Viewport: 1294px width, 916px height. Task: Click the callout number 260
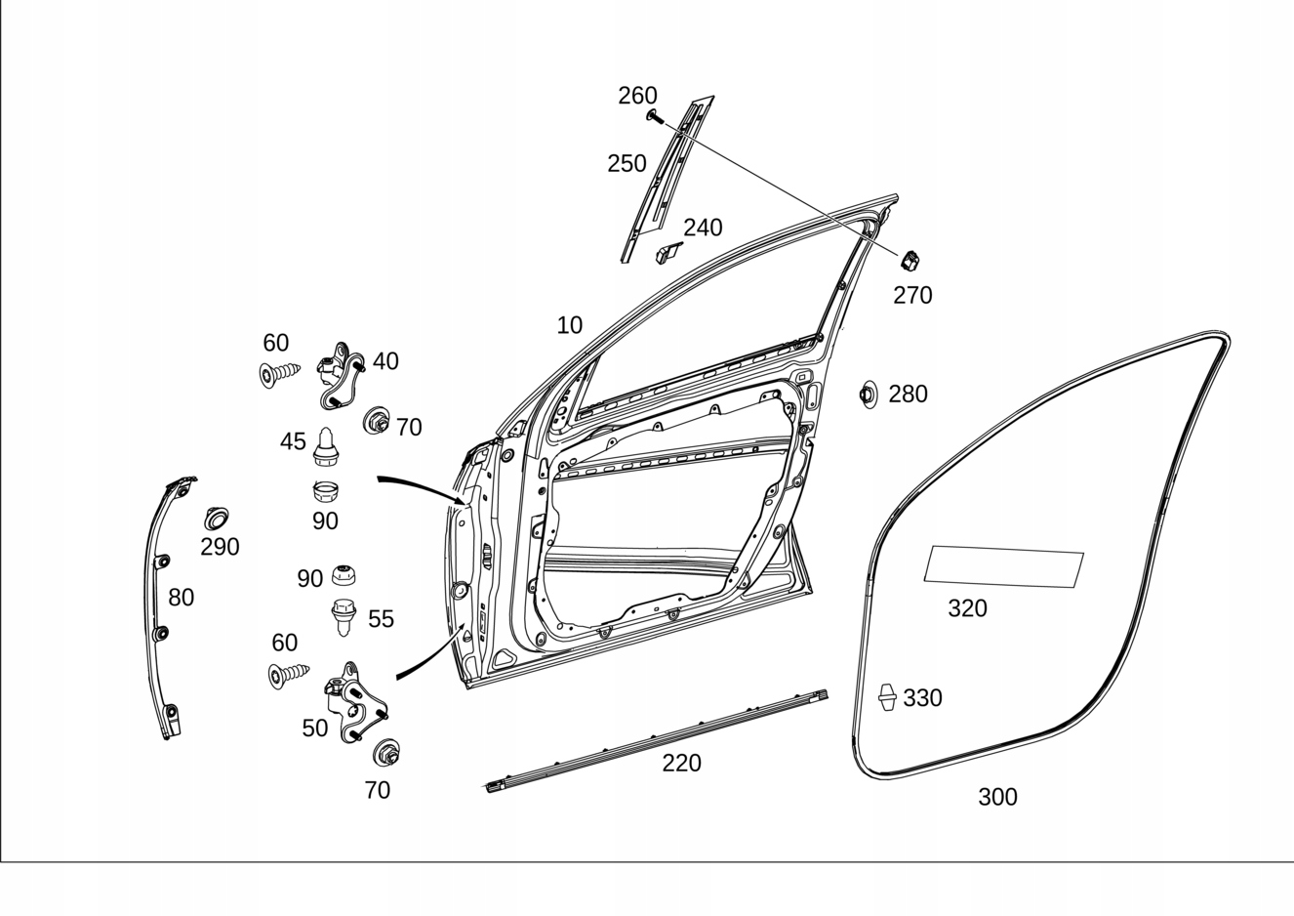coord(637,96)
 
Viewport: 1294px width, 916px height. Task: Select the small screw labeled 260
coord(654,117)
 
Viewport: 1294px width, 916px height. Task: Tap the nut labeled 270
coord(910,261)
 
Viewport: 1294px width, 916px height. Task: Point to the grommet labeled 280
coord(867,395)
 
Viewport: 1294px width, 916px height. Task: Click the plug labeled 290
coord(216,518)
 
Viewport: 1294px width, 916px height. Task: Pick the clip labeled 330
coord(887,696)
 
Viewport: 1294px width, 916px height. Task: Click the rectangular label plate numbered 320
coord(1003,566)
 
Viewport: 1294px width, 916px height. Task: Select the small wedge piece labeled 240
coord(667,253)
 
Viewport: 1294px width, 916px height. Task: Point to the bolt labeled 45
coord(326,448)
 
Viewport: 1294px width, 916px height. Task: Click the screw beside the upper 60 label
coord(279,373)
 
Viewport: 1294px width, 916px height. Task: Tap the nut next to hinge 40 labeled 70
coord(376,422)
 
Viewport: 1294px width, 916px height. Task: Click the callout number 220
coord(681,763)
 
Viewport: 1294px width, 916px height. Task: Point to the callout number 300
coord(997,797)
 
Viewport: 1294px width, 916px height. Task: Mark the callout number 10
coord(569,325)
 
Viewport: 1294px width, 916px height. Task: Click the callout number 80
coord(181,597)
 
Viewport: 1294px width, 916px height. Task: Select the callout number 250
coord(627,163)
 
